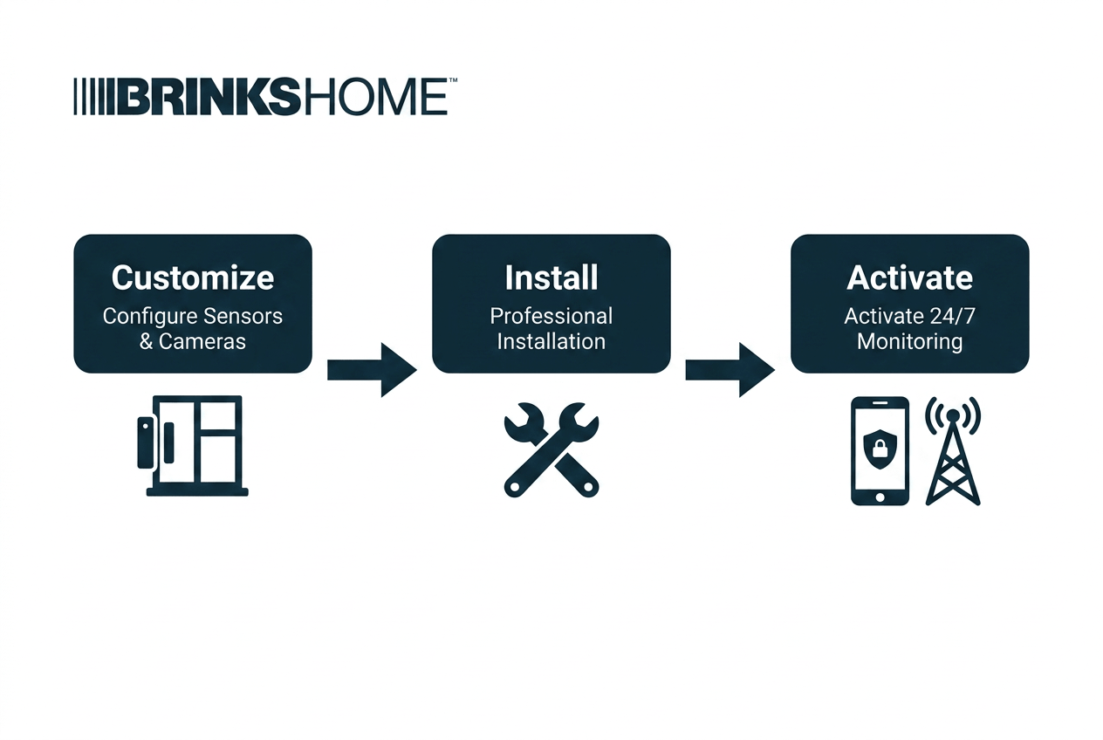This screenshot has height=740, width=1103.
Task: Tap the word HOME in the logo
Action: pyautogui.click(x=373, y=97)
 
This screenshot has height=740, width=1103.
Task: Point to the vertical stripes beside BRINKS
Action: pyautogui.click(x=93, y=97)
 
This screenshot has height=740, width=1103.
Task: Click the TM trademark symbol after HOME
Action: pyautogui.click(x=453, y=79)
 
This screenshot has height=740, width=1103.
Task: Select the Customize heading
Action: pyautogui.click(x=193, y=277)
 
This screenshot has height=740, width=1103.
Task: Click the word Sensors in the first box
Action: pyautogui.click(x=243, y=316)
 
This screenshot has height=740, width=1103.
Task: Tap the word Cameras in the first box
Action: pyautogui.click(x=202, y=342)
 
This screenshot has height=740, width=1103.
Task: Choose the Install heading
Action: pyautogui.click(x=551, y=277)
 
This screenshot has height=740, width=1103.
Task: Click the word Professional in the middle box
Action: pyautogui.click(x=551, y=316)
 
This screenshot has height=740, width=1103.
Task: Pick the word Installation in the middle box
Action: pyautogui.click(x=551, y=342)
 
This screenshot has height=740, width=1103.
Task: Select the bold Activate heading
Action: pyautogui.click(x=909, y=277)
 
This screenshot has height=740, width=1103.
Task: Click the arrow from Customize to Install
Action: pyautogui.click(x=373, y=370)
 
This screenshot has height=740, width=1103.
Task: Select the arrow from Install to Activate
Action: pyautogui.click(x=730, y=370)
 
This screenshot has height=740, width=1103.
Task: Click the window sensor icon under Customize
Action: pyautogui.click(x=193, y=446)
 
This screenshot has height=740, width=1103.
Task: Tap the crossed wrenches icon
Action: pyautogui.click(x=551, y=450)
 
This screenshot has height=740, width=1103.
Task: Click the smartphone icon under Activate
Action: pyautogui.click(x=880, y=451)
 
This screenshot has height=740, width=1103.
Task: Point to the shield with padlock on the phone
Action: pyautogui.click(x=880, y=449)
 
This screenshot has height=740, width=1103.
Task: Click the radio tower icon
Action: pyautogui.click(x=953, y=451)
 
